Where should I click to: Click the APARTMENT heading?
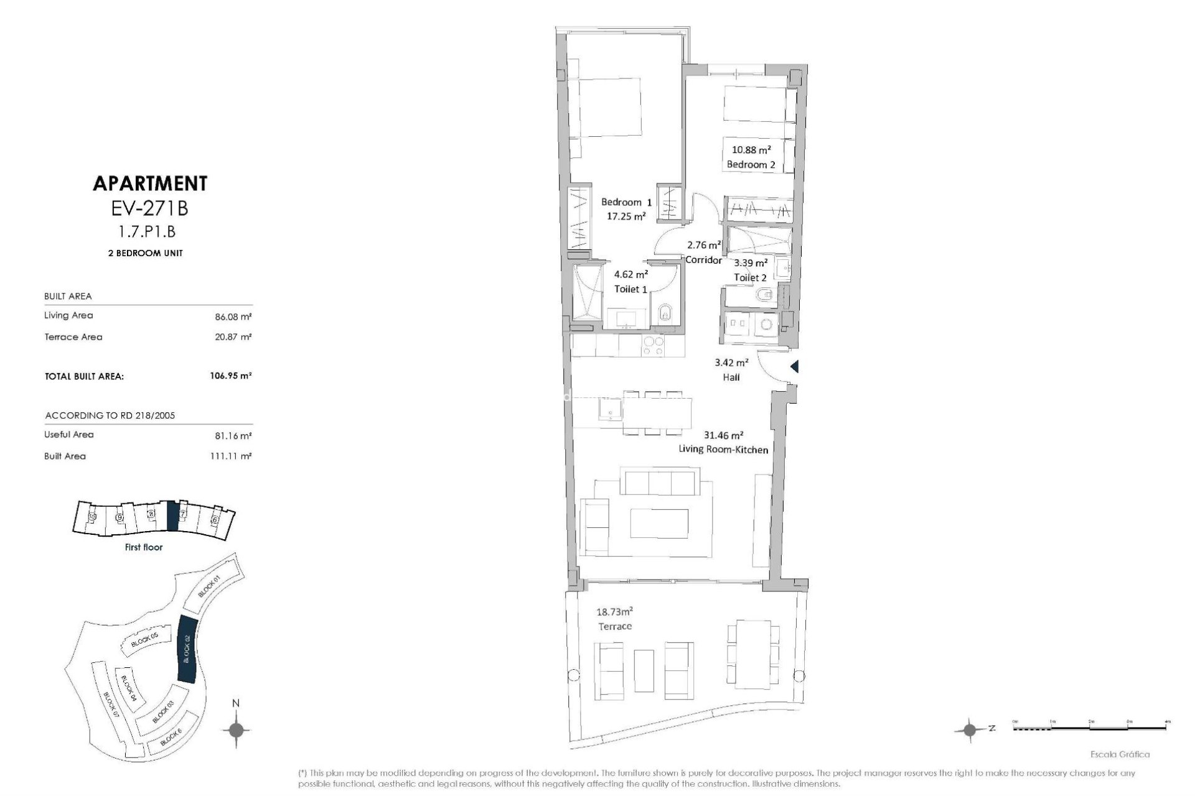[x=150, y=183]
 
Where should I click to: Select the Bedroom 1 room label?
[x=626, y=202]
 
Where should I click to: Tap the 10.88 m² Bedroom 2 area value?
[x=751, y=149]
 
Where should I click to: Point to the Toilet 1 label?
[x=631, y=289]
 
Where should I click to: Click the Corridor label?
[x=703, y=260]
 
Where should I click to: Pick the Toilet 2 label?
[x=750, y=277]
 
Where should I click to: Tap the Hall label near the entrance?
[x=731, y=377]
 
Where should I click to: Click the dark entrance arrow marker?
[x=794, y=367]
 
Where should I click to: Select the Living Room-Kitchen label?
[x=727, y=449]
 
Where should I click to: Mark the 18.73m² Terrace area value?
[x=614, y=611]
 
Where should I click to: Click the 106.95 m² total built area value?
[x=230, y=376]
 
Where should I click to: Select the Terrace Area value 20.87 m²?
[x=233, y=337]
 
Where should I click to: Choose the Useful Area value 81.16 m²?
[x=233, y=435]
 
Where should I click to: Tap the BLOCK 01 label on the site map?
[x=209, y=586]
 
